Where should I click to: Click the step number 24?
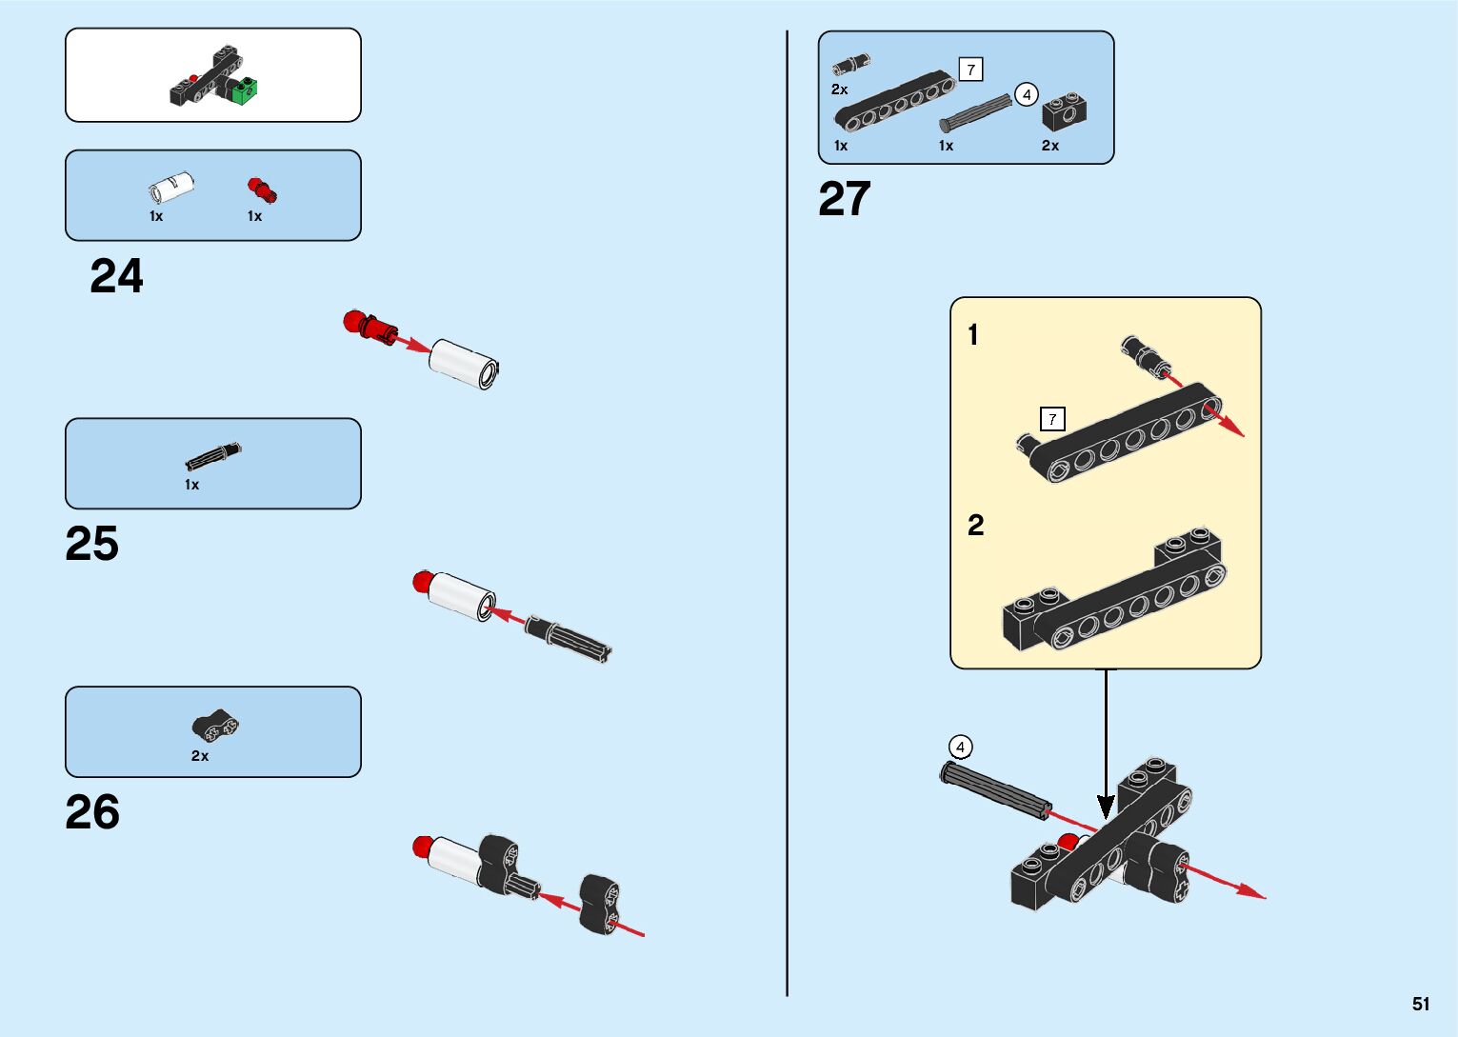tap(116, 276)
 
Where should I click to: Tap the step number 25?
tap(92, 544)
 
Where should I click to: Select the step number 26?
tap(92, 812)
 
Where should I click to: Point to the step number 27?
tap(845, 199)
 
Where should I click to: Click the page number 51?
tap(1421, 1004)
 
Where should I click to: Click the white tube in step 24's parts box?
tap(171, 187)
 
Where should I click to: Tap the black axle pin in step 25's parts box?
tap(213, 456)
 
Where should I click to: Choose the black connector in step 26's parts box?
tap(215, 727)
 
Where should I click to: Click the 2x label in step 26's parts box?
tap(200, 756)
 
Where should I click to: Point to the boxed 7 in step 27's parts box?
tap(970, 70)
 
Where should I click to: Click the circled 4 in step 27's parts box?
tap(1026, 95)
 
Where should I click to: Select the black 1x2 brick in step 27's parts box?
tap(1064, 114)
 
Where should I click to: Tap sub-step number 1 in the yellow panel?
tap(973, 335)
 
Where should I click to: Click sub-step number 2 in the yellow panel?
tap(976, 526)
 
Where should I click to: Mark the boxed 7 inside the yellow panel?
tap(1052, 419)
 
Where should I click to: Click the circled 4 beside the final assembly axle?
tap(961, 748)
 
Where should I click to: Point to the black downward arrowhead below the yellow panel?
tap(1106, 808)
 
